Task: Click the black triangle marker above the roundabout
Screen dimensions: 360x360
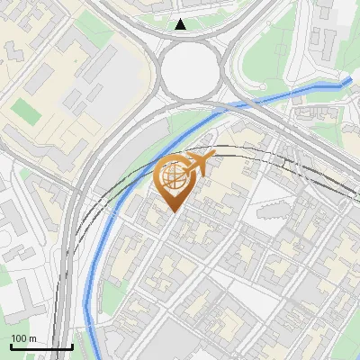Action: click(181, 24)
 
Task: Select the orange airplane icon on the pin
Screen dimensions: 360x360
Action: click(199, 163)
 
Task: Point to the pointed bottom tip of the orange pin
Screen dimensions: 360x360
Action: click(172, 211)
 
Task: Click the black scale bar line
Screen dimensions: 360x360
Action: click(41, 347)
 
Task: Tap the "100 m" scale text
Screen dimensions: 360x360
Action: click(24, 338)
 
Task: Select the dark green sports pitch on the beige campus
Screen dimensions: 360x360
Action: click(27, 112)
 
